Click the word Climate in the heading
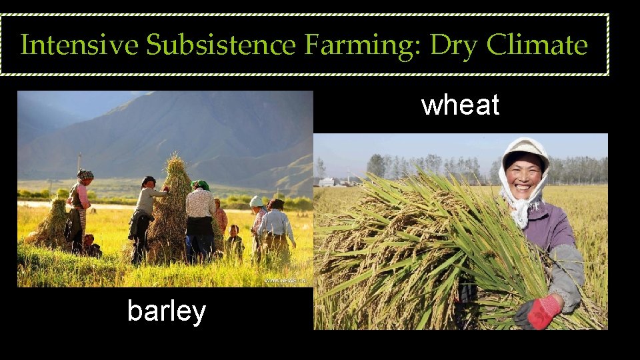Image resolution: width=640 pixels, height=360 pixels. point(537,45)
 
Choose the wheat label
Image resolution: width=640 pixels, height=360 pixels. point(460,105)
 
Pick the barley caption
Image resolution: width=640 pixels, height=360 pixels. point(166,311)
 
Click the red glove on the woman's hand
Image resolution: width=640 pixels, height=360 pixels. point(538,312)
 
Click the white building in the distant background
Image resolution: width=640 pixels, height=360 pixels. point(327,181)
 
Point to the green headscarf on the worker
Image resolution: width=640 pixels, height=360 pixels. point(201,185)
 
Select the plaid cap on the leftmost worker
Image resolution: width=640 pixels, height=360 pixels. point(85,175)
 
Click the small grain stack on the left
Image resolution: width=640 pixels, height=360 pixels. point(53,223)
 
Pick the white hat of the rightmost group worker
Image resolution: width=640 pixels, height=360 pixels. point(256,201)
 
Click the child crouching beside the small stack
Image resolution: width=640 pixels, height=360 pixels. point(90,245)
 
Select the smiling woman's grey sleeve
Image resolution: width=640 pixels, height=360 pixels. point(567,273)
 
